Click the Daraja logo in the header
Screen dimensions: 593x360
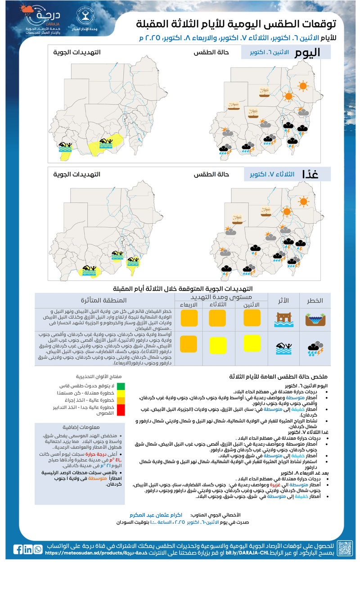click(43, 20)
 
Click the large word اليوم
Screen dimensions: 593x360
click(307, 53)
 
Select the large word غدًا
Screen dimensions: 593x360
click(311, 174)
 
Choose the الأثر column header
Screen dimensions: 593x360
click(283, 300)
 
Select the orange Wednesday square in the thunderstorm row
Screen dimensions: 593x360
click(189, 344)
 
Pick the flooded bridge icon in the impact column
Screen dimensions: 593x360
click(283, 319)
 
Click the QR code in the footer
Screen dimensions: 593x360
click(344, 548)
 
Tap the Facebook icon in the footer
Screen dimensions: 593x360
click(18, 549)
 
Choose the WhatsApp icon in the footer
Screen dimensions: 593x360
click(38, 549)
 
